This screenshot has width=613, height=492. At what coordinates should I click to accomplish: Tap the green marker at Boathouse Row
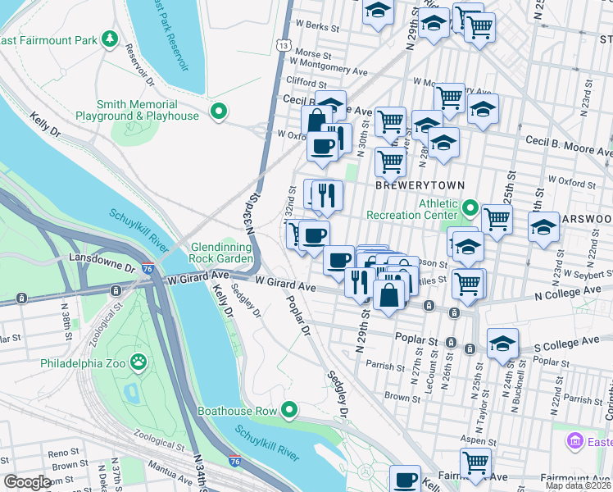point(288,409)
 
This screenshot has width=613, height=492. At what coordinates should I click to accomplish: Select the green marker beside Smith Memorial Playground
point(218,111)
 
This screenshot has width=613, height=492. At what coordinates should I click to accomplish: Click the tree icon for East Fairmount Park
point(108,39)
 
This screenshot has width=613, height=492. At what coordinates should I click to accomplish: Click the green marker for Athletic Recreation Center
point(470,208)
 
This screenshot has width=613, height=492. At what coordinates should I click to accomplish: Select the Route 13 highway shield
point(283,46)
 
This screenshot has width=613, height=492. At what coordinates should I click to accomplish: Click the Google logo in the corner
point(28,482)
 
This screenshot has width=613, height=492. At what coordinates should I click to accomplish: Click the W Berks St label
point(318,27)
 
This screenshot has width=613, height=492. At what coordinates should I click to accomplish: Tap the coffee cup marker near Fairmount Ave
point(404,478)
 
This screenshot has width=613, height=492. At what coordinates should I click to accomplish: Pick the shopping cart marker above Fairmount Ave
point(475,461)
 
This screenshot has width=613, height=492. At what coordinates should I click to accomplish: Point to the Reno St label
point(62,453)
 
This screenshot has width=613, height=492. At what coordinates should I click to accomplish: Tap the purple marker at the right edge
point(575,442)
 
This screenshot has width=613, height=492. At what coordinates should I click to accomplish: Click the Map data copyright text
point(578,485)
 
